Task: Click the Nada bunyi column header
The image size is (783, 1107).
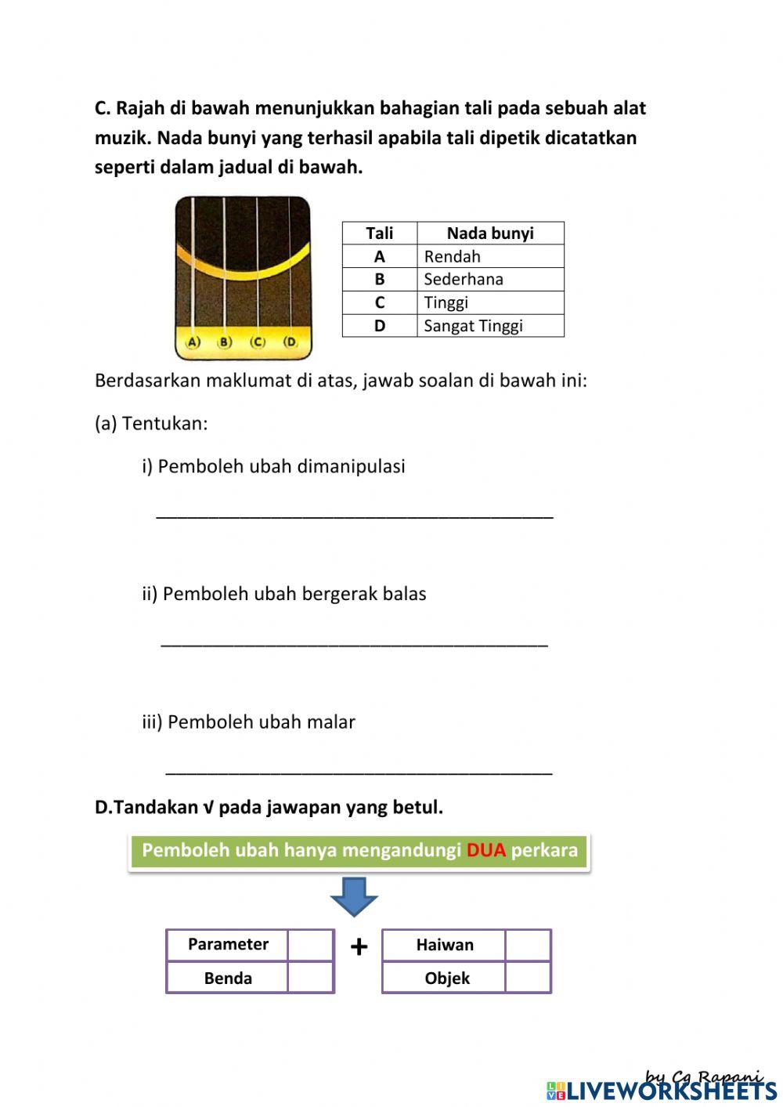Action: [x=490, y=233]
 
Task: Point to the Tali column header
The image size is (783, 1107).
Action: [x=380, y=233]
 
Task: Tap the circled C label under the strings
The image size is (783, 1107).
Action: [x=258, y=342]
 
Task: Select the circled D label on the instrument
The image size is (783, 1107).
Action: [x=290, y=342]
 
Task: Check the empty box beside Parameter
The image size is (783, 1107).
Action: [x=311, y=945]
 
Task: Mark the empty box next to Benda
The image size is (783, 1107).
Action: [x=311, y=978]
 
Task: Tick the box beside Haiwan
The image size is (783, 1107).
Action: [x=528, y=945]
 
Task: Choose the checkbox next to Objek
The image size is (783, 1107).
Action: [x=528, y=978]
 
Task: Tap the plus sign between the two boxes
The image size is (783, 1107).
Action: [x=359, y=947]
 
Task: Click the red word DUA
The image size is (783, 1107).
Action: [x=486, y=851]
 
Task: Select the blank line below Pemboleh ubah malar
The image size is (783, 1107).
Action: [x=359, y=769]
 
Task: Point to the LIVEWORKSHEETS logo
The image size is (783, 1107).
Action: [x=662, y=1090]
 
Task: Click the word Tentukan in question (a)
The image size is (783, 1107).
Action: [x=164, y=424]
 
